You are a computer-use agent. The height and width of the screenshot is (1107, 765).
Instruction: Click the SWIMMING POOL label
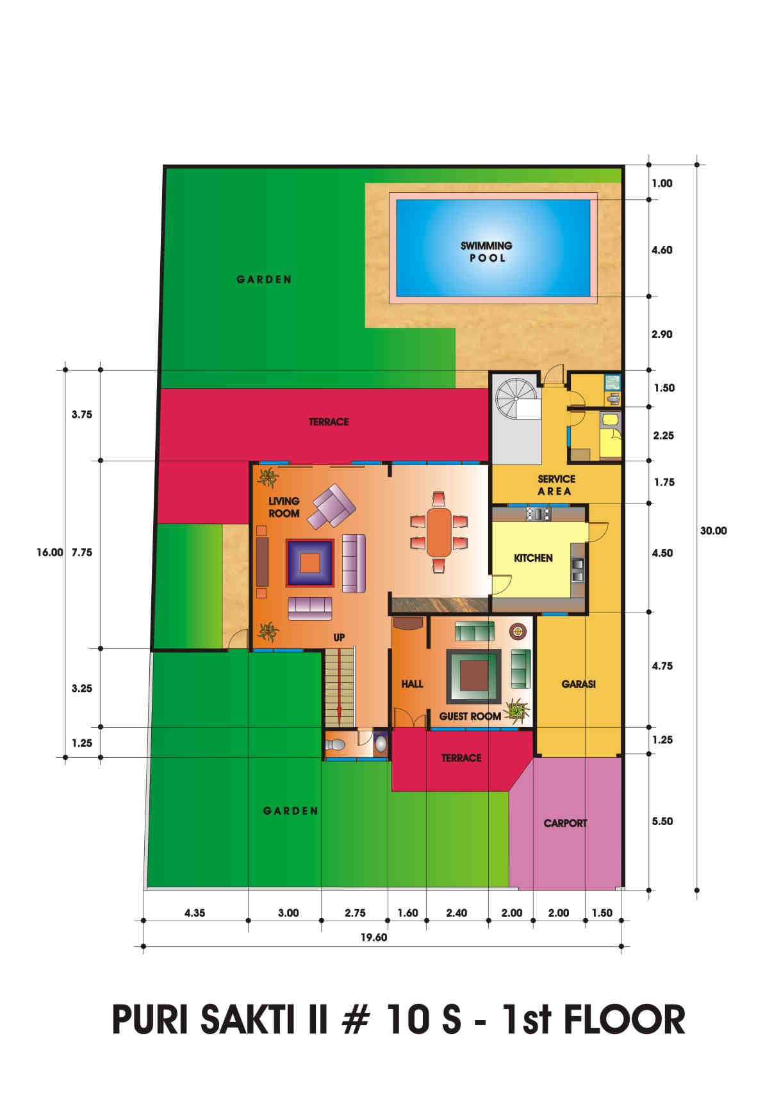click(x=486, y=252)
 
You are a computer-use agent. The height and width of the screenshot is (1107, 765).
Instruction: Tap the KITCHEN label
click(x=533, y=558)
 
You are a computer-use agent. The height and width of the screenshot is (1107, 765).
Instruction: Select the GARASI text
click(x=579, y=684)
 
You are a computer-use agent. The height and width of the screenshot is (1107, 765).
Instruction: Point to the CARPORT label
click(x=565, y=823)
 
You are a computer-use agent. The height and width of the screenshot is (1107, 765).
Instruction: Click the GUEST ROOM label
click(x=470, y=716)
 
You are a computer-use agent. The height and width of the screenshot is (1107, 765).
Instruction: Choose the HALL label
click(x=412, y=684)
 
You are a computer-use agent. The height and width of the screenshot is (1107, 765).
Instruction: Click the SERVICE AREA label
click(x=556, y=485)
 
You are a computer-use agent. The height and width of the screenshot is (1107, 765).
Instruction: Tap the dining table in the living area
click(x=439, y=532)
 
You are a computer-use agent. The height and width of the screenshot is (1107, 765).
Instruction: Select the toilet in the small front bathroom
click(x=335, y=745)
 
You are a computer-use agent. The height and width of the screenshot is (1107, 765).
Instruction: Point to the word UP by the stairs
click(x=339, y=637)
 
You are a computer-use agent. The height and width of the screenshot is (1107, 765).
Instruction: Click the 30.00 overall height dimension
click(x=713, y=531)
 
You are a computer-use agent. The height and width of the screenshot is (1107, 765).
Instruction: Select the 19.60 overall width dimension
click(x=374, y=937)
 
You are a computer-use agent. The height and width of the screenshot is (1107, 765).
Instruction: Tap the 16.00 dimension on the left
click(x=50, y=552)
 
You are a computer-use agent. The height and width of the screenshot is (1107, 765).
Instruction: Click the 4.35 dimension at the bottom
click(x=195, y=913)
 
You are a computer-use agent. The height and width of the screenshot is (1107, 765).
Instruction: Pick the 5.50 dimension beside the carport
click(x=662, y=821)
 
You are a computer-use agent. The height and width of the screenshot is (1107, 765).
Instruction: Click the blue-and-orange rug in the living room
click(x=310, y=562)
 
